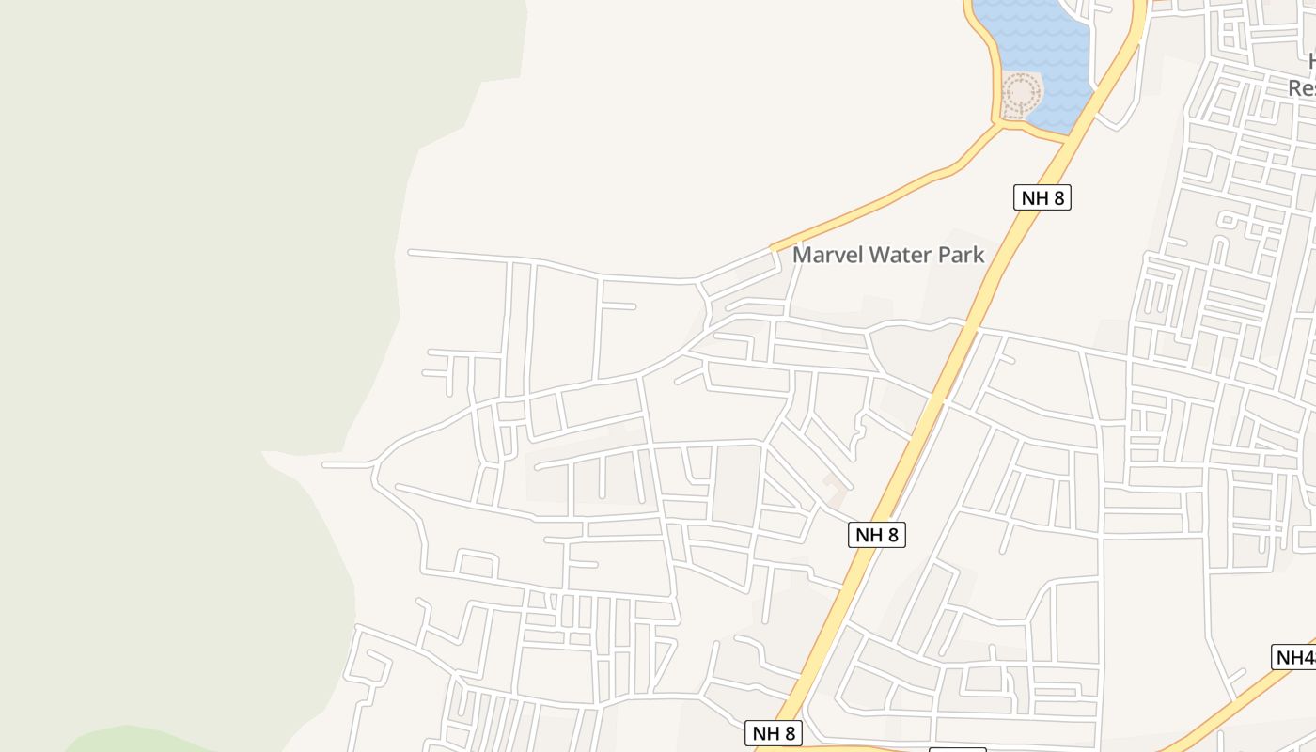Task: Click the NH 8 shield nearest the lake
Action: click(x=1042, y=197)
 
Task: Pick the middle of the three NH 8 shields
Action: click(x=876, y=536)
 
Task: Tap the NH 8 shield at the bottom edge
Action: click(x=775, y=733)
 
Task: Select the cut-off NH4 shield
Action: click(x=1295, y=657)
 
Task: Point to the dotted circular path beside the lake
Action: click(x=1020, y=95)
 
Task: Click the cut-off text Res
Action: click(x=1302, y=88)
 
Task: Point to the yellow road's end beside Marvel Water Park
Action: click(x=774, y=248)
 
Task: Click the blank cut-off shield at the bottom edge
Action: click(x=957, y=749)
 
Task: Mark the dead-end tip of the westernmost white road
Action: click(x=325, y=464)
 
